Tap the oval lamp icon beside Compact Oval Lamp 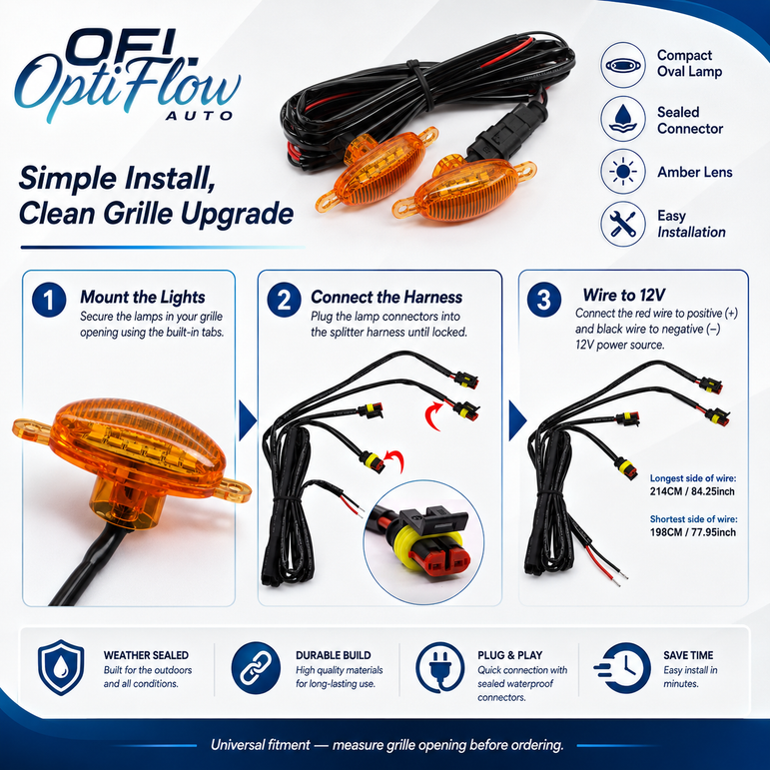click(622, 65)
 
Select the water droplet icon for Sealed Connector click(622, 119)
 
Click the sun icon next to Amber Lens click(622, 172)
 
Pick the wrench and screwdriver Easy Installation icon click(622, 224)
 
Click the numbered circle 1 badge click(49, 300)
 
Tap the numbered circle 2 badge click(285, 300)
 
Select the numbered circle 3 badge click(544, 299)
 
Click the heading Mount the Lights click(143, 297)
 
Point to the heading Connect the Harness click(386, 297)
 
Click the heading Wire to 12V click(623, 295)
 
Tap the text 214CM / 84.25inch click(692, 491)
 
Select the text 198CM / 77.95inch click(692, 532)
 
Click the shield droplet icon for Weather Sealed click(61, 667)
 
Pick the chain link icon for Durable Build click(256, 667)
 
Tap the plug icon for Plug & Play click(440, 667)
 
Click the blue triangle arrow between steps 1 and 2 click(247, 420)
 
